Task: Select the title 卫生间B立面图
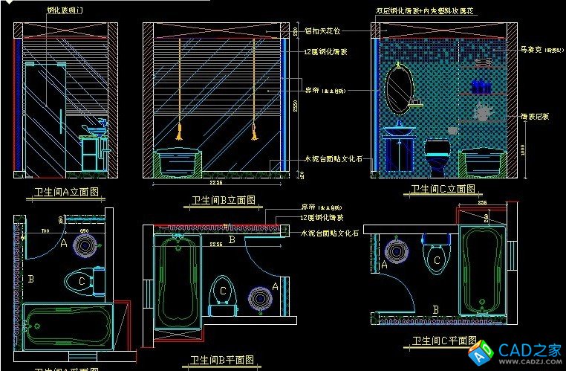(x=223, y=200)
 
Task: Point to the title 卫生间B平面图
(x=223, y=361)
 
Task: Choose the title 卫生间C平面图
(x=445, y=341)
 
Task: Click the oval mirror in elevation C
(x=400, y=88)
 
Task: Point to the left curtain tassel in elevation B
(x=178, y=134)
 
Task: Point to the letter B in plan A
(x=30, y=280)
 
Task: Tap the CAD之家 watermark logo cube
(x=484, y=349)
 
